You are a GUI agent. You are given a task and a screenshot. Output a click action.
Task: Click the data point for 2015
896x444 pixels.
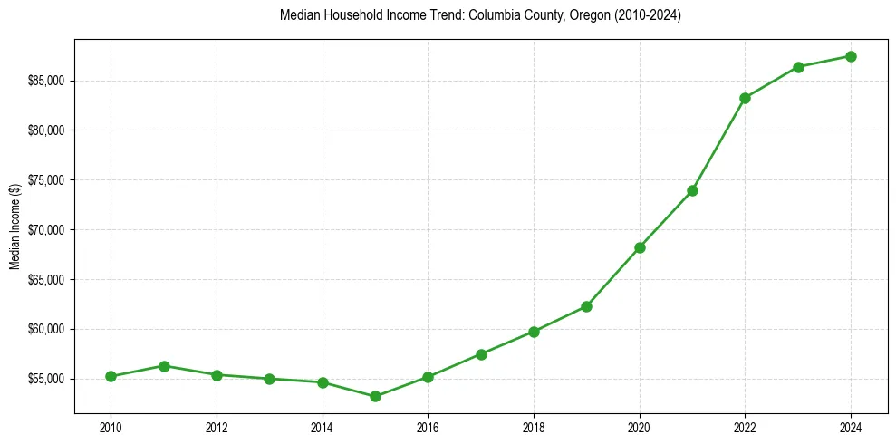click(x=375, y=396)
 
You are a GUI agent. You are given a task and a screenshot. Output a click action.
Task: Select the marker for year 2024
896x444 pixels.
click(x=851, y=56)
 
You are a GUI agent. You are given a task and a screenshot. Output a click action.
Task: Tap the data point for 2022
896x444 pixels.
click(x=745, y=98)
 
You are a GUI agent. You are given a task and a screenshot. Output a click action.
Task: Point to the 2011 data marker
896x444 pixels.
click(x=164, y=366)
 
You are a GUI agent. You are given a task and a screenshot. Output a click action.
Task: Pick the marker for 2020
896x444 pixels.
click(x=640, y=247)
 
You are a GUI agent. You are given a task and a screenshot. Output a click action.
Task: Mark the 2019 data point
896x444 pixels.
click(x=586, y=306)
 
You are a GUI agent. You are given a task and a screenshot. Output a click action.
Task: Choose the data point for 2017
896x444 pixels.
click(x=481, y=354)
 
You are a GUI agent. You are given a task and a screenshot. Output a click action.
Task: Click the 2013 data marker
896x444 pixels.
click(x=269, y=379)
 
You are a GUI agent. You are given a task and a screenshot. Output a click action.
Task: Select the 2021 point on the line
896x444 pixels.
click(x=692, y=190)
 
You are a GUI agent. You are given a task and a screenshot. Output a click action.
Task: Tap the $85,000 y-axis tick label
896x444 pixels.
click(x=45, y=82)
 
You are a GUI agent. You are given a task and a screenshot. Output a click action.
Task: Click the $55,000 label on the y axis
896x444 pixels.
click(x=45, y=379)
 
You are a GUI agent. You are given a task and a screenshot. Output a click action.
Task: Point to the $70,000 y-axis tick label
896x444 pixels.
click(x=45, y=230)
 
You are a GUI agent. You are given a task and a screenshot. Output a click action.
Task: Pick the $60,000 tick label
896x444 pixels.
click(x=45, y=329)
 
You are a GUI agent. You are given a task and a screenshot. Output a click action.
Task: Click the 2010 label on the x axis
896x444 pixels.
click(x=111, y=426)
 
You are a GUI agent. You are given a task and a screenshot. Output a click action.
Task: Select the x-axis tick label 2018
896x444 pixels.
click(x=534, y=426)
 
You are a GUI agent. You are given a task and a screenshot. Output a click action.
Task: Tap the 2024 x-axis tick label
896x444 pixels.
click(x=851, y=426)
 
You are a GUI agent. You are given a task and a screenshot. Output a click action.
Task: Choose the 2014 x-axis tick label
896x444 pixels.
click(x=322, y=426)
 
